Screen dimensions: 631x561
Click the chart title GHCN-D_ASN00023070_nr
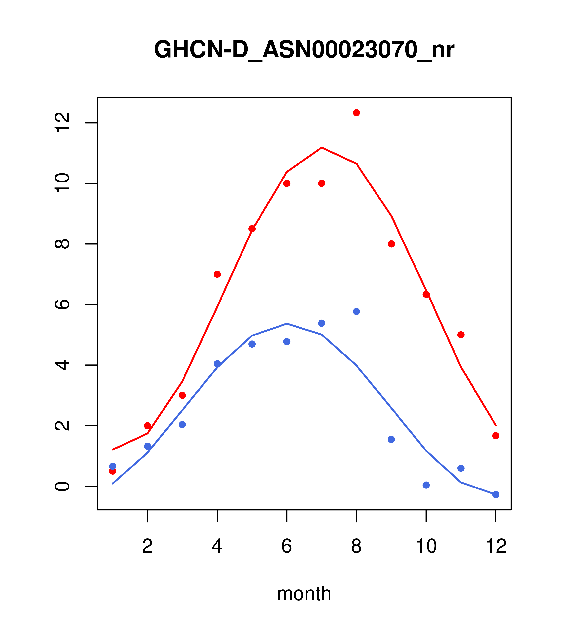point(304,50)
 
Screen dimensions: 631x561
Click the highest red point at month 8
point(356,113)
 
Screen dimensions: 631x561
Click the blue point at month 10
point(426,485)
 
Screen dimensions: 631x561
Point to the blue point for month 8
point(356,312)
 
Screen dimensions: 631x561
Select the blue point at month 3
point(183,425)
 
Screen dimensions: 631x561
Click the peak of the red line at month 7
point(321,148)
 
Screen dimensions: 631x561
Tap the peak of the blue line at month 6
point(287,324)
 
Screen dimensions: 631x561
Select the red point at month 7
point(321,183)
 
